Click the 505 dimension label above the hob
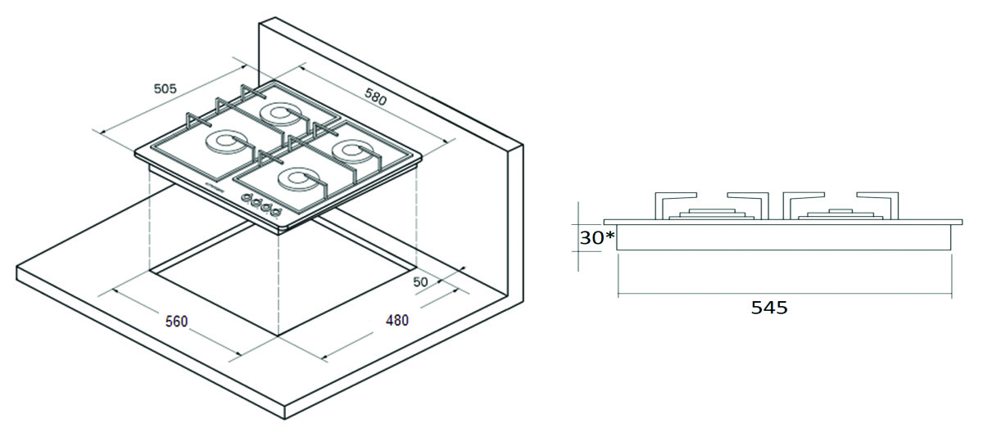165,88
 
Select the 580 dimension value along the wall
376,97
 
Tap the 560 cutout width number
176,322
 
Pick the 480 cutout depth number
397,320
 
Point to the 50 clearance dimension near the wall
420,281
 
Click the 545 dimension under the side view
769,308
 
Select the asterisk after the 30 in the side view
609,236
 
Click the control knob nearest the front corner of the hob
275,213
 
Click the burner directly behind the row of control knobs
297,180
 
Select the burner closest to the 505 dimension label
224,142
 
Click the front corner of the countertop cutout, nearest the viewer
279,336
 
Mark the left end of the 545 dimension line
618,293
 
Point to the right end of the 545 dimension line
951,293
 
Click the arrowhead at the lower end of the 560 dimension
238,354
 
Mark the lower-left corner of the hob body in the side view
617,250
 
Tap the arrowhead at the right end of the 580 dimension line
446,141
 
